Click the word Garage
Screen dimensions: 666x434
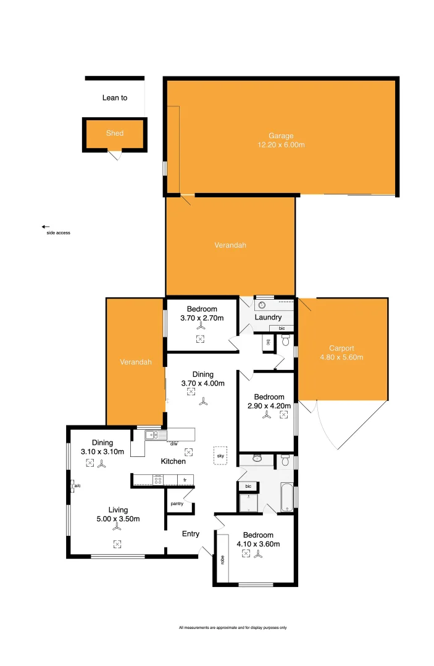(281, 136)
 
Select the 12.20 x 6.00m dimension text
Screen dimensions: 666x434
(281, 145)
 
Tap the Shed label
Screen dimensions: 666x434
(115, 133)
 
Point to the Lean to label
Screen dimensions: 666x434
(115, 97)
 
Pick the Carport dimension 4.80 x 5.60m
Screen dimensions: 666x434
(341, 357)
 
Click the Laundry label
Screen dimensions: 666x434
(268, 318)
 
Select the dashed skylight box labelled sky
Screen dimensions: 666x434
(220, 455)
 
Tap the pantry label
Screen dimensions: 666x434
(177, 504)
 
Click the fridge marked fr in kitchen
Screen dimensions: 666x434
(185, 479)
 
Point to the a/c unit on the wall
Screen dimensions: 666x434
(73, 486)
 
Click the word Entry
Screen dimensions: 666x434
(190, 533)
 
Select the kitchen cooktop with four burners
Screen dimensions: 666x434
(158, 479)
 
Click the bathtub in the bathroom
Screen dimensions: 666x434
(287, 499)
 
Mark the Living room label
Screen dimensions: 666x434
(118, 510)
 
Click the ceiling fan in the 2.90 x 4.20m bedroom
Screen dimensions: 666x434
(267, 415)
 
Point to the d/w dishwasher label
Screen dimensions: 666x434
(174, 444)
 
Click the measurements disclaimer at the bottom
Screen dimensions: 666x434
(233, 628)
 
